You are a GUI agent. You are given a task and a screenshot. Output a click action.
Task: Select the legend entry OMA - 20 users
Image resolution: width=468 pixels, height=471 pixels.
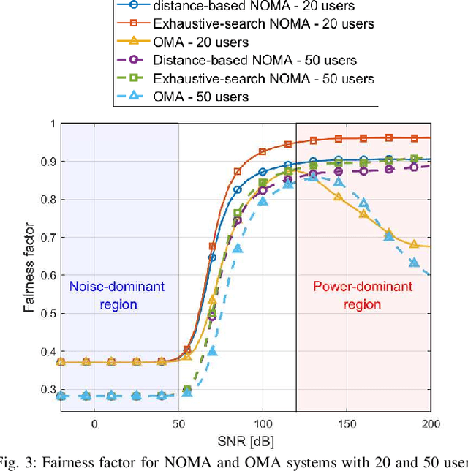[201, 42]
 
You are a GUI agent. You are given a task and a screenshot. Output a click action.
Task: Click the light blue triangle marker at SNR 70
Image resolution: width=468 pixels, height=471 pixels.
[213, 351]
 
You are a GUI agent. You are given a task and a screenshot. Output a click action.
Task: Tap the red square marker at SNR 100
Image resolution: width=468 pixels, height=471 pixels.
[263, 152]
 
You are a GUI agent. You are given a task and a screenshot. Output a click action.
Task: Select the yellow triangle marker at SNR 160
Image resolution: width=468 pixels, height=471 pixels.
[363, 214]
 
